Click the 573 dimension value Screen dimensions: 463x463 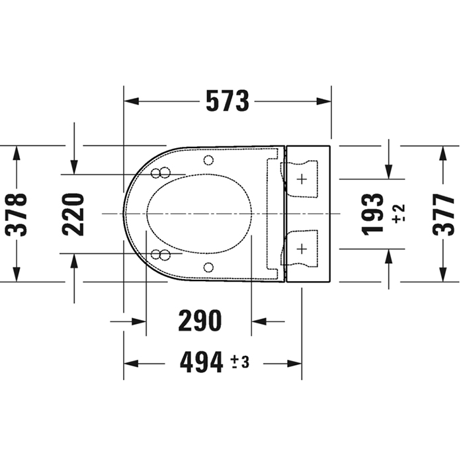228,101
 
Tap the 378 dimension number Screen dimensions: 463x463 17,215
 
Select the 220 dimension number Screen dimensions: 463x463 73,215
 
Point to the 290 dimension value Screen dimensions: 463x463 200,321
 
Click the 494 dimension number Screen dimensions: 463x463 201,362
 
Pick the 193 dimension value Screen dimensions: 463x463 372,215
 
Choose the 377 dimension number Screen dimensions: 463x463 444,215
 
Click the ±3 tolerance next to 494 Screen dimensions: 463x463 240,362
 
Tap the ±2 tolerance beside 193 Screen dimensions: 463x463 398,213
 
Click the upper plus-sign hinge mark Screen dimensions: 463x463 302,179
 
